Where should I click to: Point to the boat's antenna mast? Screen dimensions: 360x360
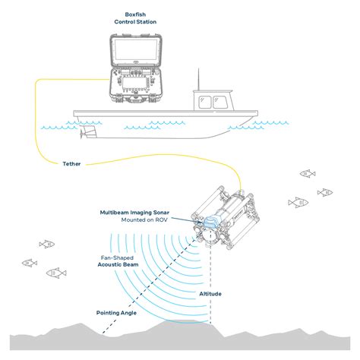pos(200,82)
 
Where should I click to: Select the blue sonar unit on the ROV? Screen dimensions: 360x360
pos(210,222)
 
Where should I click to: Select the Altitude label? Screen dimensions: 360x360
pos(211,293)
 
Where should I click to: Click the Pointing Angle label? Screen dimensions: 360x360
pos(116,312)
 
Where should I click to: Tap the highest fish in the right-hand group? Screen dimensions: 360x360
pos(307,174)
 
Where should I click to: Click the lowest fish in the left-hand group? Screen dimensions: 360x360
pos(54,272)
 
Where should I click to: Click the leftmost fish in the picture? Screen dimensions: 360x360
pos(30,263)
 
